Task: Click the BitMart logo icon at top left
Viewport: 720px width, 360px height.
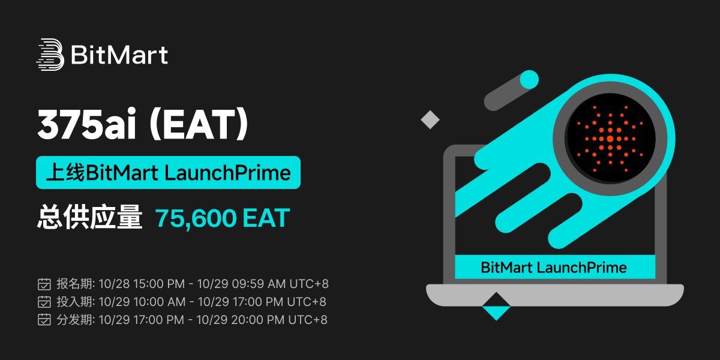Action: pos(50,55)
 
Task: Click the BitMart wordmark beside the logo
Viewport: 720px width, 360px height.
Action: pos(119,55)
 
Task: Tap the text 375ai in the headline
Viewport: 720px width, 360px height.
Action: pos(87,124)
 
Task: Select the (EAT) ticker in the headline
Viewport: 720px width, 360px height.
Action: pos(199,124)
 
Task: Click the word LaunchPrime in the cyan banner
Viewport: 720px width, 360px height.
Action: pos(228,173)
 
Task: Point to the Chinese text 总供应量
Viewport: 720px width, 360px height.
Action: pos(89,217)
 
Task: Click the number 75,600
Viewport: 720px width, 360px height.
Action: pos(196,218)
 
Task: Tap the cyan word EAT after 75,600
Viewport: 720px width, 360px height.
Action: pos(266,218)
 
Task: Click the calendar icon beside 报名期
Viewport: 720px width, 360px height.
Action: pos(44,284)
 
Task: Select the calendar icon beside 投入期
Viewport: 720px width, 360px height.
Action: pos(44,302)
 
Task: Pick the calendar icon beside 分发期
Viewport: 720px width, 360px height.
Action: pos(44,320)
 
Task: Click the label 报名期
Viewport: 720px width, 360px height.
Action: pos(74,284)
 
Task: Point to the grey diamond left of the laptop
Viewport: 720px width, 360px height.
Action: pos(430,119)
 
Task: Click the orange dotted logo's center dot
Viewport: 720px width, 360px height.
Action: pos(610,139)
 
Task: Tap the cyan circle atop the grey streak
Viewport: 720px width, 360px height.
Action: pos(529,79)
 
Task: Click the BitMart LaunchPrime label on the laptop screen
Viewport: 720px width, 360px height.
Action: pos(553,268)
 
